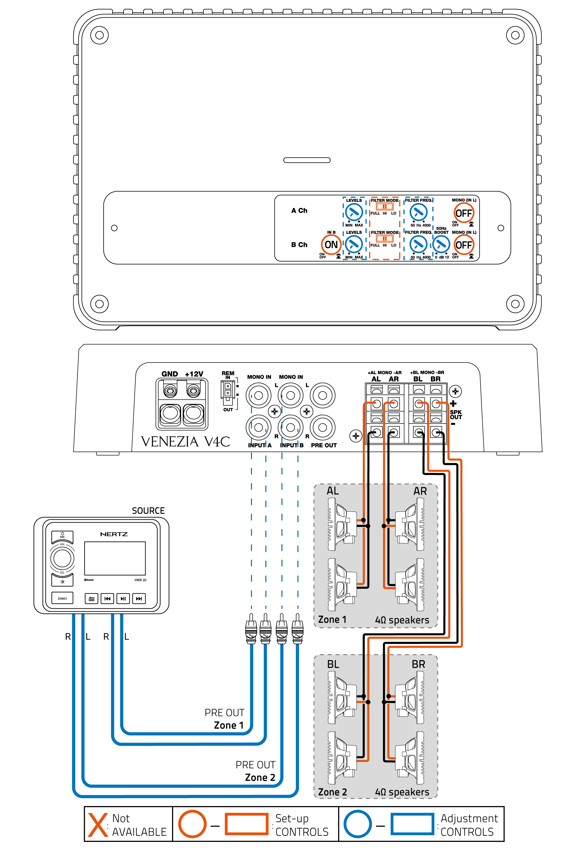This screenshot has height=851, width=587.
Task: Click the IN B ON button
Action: [x=331, y=244]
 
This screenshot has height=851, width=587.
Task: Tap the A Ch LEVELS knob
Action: [x=354, y=212]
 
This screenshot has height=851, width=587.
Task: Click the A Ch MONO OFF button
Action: [x=463, y=213]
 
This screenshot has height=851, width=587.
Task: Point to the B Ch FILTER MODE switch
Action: [x=384, y=239]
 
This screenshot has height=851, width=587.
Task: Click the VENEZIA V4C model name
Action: [x=185, y=441]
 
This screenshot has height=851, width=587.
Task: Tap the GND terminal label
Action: [x=170, y=374]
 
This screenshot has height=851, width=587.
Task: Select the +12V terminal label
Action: [x=194, y=374]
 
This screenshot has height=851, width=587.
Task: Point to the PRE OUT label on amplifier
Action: [x=324, y=445]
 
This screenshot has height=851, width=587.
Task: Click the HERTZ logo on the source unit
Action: [x=114, y=534]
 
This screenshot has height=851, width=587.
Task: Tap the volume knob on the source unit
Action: [x=62, y=558]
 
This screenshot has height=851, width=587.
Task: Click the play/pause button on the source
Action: [x=123, y=598]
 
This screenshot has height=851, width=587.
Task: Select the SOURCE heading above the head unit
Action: [x=148, y=511]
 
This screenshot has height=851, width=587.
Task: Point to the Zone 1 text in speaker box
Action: [x=332, y=620]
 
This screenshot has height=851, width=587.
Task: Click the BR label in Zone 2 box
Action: [x=418, y=664]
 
